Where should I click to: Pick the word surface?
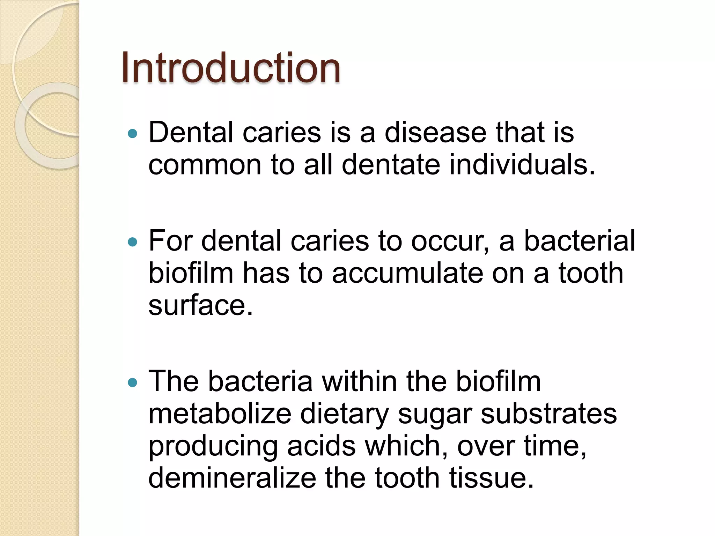(x=200, y=305)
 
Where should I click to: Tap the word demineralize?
(x=232, y=478)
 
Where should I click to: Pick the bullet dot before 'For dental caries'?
(x=133, y=241)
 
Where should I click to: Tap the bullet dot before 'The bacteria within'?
(x=133, y=382)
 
